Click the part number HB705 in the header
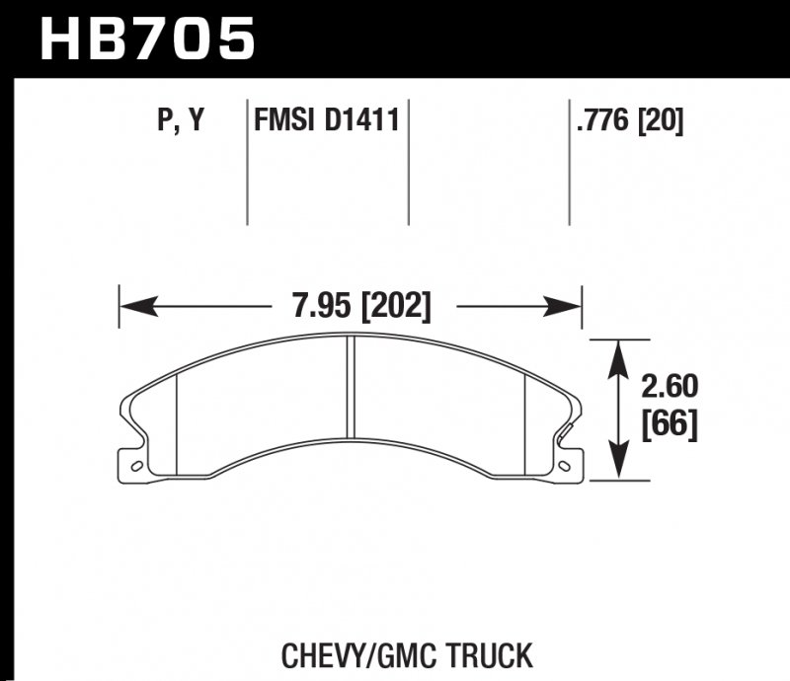146,39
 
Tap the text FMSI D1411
327,121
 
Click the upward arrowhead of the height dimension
619,351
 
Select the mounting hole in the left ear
136,465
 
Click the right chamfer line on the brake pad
524,420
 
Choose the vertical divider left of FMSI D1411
246,163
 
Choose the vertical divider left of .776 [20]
569,163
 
